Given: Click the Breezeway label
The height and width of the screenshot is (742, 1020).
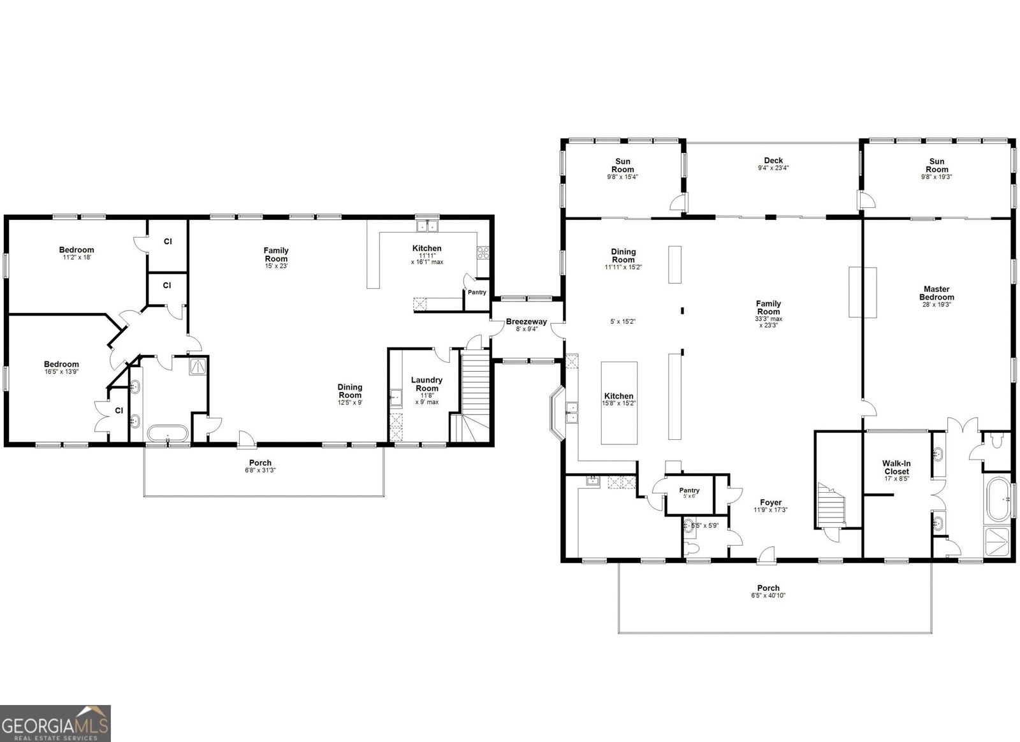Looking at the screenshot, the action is pyautogui.click(x=527, y=322).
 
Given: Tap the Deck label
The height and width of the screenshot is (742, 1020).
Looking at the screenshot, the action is pyautogui.click(x=773, y=160).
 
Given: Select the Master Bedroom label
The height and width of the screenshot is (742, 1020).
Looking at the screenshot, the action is pyautogui.click(x=936, y=293).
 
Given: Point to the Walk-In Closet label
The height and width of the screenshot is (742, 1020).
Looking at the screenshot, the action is pyautogui.click(x=896, y=467).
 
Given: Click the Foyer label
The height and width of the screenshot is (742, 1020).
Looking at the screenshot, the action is pyautogui.click(x=771, y=502).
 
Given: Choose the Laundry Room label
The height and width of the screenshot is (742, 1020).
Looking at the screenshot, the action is pyautogui.click(x=426, y=384).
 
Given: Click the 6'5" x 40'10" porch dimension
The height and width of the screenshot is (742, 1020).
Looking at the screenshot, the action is pyautogui.click(x=768, y=595).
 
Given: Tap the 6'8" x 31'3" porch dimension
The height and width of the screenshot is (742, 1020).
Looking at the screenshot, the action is pyautogui.click(x=260, y=470).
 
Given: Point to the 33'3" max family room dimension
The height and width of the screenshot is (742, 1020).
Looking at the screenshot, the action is pyautogui.click(x=769, y=319).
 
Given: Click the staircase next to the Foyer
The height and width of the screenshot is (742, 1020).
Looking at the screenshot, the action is pyautogui.click(x=831, y=504).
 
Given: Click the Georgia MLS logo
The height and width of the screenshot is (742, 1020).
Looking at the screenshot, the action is pyautogui.click(x=55, y=724).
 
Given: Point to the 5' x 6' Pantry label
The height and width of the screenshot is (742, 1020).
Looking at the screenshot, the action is pyautogui.click(x=689, y=493).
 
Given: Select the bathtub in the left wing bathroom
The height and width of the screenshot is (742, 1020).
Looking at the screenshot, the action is pyautogui.click(x=168, y=433).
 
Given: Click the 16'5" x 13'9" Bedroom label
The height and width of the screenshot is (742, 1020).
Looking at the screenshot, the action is pyautogui.click(x=61, y=367).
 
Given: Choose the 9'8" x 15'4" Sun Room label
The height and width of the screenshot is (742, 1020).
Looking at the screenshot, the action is pyautogui.click(x=622, y=169).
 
